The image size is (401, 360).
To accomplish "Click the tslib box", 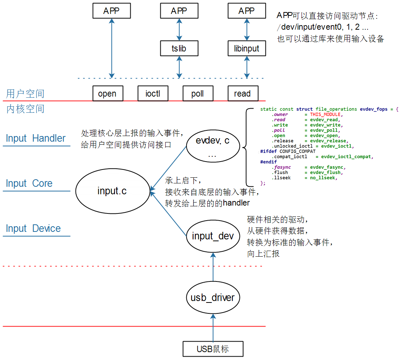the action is point(179,48).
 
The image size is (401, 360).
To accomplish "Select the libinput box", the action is point(247,48).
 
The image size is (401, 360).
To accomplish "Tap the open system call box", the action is point(108,94).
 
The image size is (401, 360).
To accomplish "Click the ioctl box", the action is point(153,94).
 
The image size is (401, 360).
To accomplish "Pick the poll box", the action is point(198,94).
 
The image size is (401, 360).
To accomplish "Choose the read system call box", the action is point(243,94).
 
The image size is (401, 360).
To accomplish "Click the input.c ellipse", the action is point(113,191).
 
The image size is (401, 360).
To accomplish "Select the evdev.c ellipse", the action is point(213,146).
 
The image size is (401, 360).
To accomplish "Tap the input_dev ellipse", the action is point(213,236).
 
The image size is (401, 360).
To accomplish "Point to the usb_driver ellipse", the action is point(213,298).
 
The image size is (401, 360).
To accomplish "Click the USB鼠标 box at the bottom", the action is point(213,349).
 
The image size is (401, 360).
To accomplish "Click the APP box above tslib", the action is point(179,11).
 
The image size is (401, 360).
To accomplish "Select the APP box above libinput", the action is point(247,11).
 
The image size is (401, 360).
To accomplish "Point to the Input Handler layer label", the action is point(36,138).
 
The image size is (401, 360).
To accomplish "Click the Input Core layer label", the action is point(29,183).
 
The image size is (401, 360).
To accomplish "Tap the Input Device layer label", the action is point(33,228).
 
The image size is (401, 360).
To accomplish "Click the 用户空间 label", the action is point(25,94).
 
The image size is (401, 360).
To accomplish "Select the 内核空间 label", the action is point(25,109).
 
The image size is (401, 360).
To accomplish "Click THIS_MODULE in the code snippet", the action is point(325,114).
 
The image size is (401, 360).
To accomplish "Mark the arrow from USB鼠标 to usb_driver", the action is point(213,328).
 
